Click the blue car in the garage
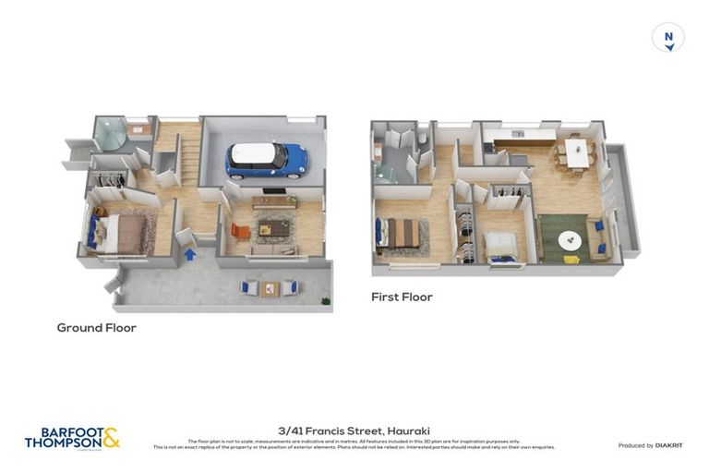[x=266, y=160]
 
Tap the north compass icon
[x=668, y=39]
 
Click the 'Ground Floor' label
[x=96, y=328]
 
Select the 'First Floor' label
[x=402, y=297]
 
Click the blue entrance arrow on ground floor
[x=190, y=253]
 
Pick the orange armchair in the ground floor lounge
[x=240, y=230]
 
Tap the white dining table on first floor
[x=578, y=153]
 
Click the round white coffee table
[x=570, y=240]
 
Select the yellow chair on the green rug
[x=571, y=259]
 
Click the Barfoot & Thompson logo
[x=72, y=438]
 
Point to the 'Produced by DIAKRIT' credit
[x=650, y=445]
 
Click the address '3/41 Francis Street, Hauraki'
[x=354, y=431]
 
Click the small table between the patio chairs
[x=270, y=288]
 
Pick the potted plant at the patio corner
[x=324, y=299]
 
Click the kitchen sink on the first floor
[x=519, y=135]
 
